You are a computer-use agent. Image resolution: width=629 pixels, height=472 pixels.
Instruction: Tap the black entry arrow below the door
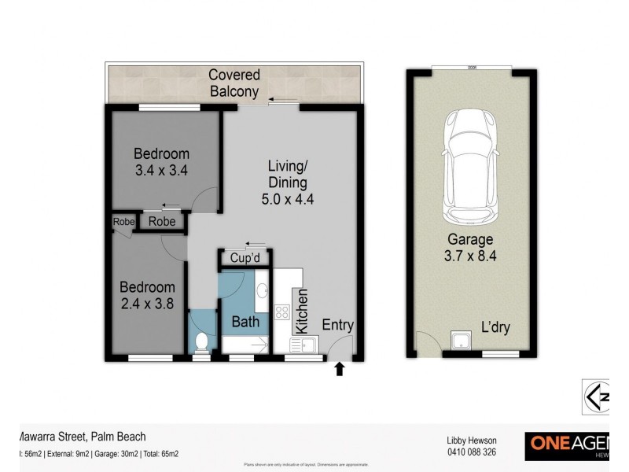point(340,368)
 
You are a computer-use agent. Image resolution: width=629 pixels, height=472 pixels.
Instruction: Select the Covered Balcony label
point(234,83)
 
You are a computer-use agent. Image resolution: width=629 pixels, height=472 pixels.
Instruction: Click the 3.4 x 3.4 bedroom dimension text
point(160,168)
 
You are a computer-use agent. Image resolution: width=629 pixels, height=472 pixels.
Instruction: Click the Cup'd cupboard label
point(245,259)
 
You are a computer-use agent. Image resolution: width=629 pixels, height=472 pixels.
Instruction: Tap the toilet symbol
point(202,341)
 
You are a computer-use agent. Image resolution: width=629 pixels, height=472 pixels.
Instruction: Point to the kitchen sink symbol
point(303,344)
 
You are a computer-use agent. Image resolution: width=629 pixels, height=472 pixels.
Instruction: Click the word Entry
point(337,325)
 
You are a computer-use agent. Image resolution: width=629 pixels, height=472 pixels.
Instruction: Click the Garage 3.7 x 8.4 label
point(470,248)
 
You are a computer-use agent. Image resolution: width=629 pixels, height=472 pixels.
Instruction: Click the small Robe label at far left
point(123,222)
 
